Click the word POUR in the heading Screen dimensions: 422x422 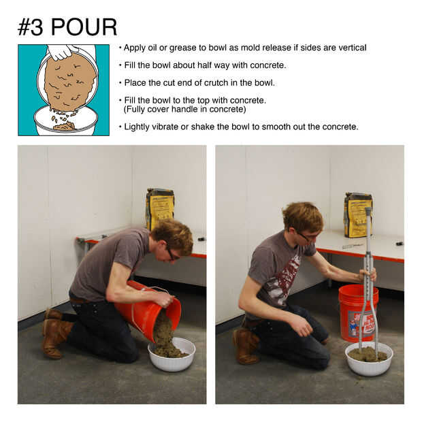point(84,27)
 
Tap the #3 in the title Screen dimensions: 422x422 point(30,27)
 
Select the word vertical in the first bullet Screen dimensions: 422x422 point(353,48)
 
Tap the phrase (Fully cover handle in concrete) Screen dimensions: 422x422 point(184,110)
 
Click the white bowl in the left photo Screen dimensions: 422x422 point(172,354)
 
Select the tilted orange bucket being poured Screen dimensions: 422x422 point(148,310)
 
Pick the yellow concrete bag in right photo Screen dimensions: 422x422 point(358,215)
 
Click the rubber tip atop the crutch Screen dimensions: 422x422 point(368,210)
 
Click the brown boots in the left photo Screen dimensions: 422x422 point(56,334)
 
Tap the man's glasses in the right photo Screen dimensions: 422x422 point(306,236)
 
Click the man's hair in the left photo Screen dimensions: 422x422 point(172,234)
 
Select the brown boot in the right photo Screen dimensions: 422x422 point(246,346)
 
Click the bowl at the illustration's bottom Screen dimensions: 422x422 point(65,121)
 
